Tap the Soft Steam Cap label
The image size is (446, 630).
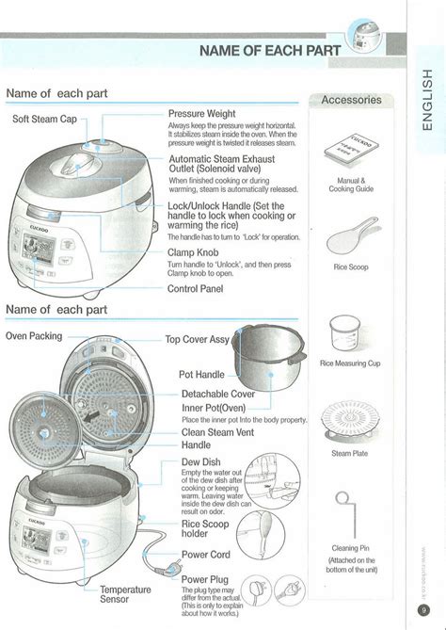tap(43, 119)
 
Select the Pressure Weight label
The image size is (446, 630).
tap(201, 113)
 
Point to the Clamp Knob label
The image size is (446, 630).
tap(194, 252)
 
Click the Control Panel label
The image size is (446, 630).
tap(196, 288)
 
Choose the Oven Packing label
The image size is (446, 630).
tap(34, 336)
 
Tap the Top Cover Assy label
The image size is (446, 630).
tap(198, 339)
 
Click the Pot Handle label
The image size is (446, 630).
tap(201, 374)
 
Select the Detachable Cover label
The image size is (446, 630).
tap(218, 394)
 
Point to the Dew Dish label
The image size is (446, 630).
tap(201, 462)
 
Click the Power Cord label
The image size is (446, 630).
tap(207, 555)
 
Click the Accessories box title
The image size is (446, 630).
tap(351, 100)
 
